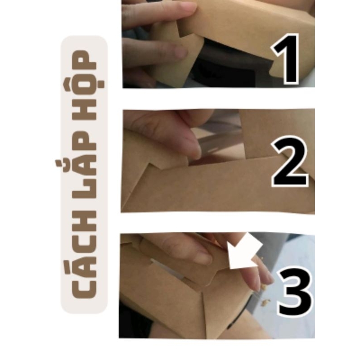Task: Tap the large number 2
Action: (290, 162)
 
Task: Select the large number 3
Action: (295, 292)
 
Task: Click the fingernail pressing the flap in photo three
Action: (204, 257)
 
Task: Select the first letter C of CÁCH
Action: (84, 287)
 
